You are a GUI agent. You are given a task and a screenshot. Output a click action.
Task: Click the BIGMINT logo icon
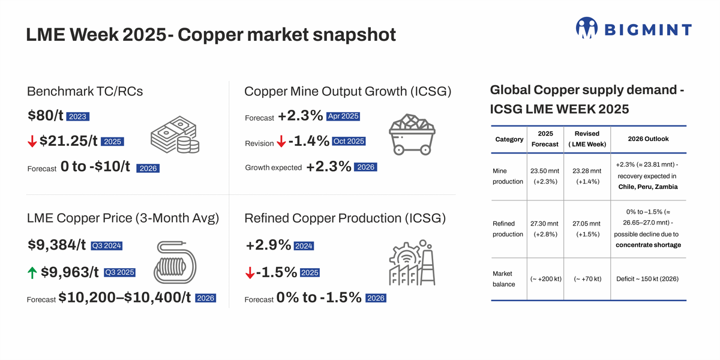coord(586,28)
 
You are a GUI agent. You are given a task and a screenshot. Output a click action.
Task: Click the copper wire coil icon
coord(175,262)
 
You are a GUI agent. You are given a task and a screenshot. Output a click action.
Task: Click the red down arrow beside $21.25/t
coord(32,142)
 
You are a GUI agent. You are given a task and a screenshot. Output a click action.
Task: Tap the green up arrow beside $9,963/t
coord(32,272)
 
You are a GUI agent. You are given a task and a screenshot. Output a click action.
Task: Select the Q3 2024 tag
coord(106,245)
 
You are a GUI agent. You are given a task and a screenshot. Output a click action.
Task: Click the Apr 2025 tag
coord(343,116)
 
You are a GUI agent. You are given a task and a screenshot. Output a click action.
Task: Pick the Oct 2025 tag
coord(348,142)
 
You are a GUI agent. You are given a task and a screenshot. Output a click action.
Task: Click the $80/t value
coord(45,116)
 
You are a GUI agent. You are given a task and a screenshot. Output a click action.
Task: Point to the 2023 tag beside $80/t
coord(77,116)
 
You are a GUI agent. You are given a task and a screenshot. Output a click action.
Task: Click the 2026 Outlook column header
coord(648,139)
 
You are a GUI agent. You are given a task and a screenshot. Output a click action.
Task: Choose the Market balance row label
coord(504,279)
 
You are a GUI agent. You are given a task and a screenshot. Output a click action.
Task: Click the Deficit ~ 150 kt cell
coord(648,279)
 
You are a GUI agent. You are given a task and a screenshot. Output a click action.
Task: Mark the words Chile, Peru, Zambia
coord(648,187)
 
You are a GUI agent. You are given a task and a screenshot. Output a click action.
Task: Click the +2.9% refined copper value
coord(268,245)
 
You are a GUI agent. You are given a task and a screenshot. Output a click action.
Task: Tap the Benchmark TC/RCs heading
coord(85,91)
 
